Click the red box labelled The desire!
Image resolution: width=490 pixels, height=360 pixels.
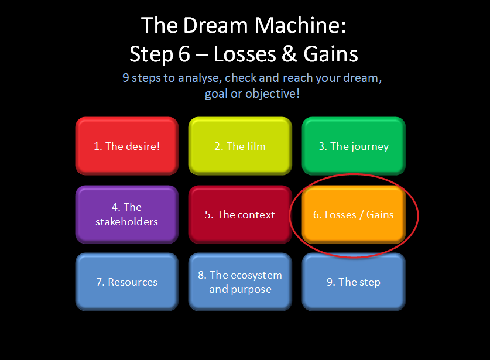click(126, 146)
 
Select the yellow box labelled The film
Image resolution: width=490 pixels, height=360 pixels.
click(239, 146)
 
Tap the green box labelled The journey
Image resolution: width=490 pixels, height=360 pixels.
click(354, 146)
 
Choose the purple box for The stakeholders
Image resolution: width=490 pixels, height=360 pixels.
click(126, 214)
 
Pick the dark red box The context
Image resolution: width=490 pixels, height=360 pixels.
click(239, 214)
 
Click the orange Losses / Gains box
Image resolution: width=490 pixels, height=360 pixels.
click(354, 214)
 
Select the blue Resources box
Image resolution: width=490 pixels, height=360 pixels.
click(126, 282)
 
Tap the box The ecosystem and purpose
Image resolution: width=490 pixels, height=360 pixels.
click(239, 282)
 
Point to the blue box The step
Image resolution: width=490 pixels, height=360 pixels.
click(354, 282)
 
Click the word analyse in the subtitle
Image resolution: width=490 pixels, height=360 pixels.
click(196, 78)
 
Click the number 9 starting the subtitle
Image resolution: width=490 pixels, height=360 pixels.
click(125, 78)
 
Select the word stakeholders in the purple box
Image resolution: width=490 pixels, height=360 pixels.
click(126, 222)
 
